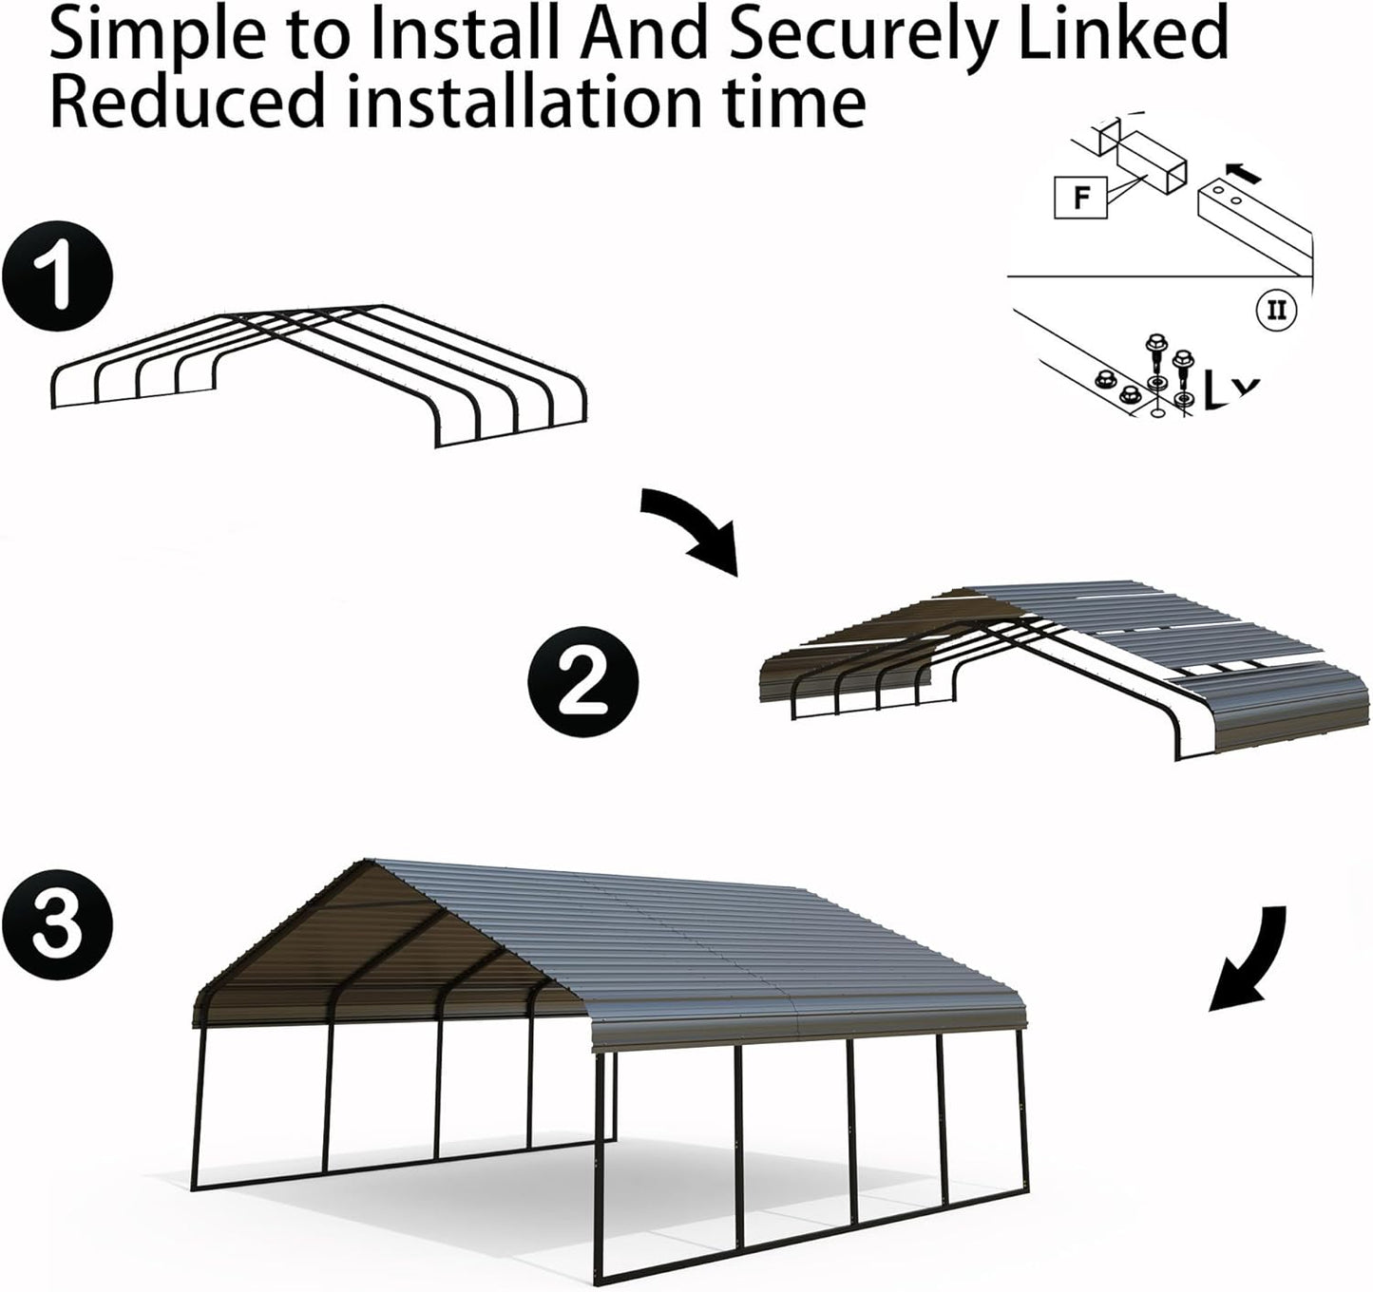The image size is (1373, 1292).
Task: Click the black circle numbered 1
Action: point(56,277)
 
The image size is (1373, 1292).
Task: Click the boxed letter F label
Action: point(1080,199)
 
